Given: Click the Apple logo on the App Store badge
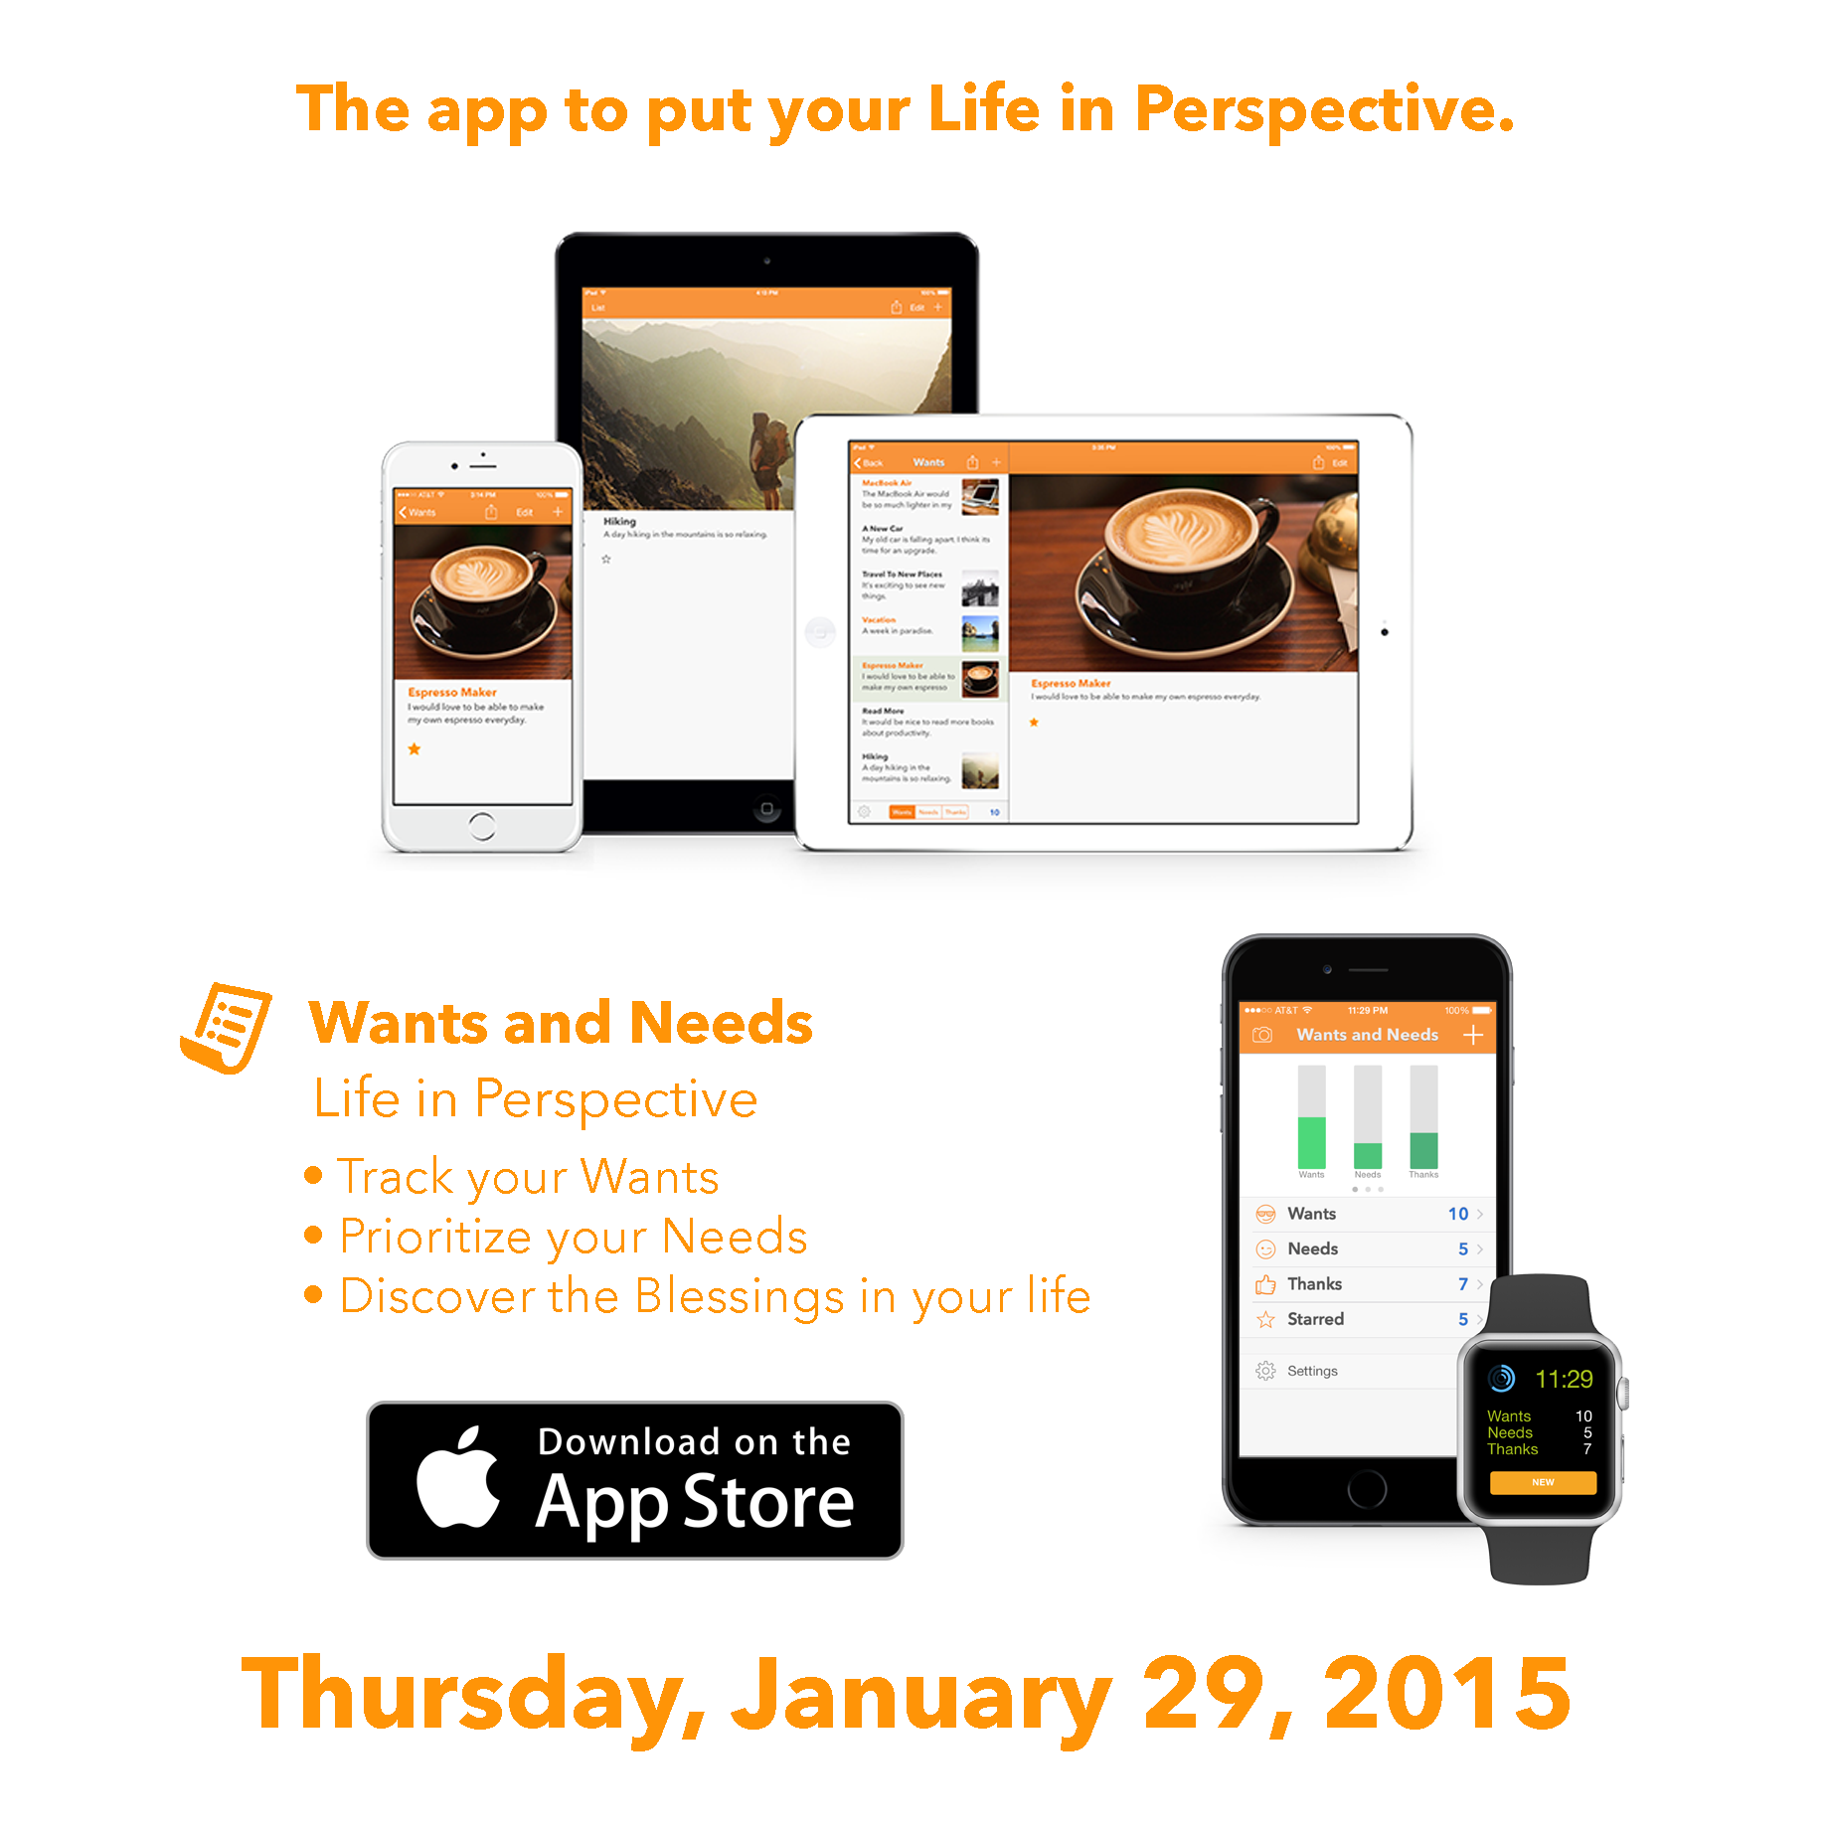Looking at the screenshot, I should click(458, 1478).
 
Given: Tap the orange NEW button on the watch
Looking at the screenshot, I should click(1543, 1482).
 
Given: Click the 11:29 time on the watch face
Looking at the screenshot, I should click(1564, 1379).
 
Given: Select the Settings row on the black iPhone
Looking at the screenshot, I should click(1312, 1371).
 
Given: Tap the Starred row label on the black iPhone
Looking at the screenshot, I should click(1315, 1319).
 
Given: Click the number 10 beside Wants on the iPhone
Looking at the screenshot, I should click(1457, 1214).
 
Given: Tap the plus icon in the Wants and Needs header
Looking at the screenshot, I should click(1473, 1035).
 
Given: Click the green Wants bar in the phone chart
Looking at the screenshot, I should click(1311, 1143).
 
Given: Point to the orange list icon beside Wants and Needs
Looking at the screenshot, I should click(227, 1028).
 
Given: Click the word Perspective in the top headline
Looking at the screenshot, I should click(1324, 108).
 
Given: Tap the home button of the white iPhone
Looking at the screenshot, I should click(482, 826).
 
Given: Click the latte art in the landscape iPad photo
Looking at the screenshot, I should click(1183, 532).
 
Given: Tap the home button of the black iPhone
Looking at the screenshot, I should click(1367, 1489).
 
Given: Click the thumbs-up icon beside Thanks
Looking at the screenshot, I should click(1265, 1284).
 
